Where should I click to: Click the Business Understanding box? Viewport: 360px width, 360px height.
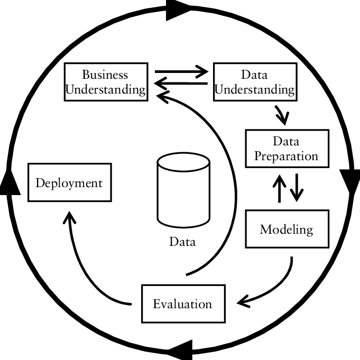[x=105, y=81]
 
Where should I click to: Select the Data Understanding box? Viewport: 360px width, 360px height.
[x=254, y=81]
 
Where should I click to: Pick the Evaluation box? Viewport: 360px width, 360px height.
[x=182, y=303]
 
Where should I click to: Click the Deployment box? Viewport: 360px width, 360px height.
[x=69, y=183]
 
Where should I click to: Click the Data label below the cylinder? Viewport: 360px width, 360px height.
[x=182, y=242]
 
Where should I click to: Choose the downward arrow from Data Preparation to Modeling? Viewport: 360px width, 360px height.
[x=296, y=187]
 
